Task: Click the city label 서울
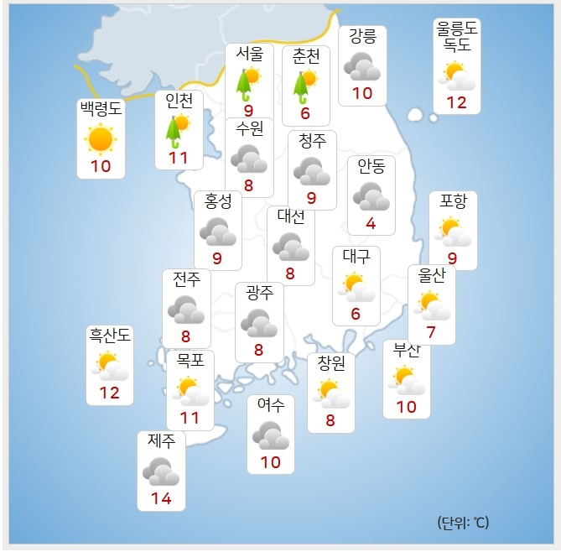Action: point(249,55)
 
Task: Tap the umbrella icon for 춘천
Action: point(304,85)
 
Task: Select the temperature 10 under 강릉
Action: point(362,93)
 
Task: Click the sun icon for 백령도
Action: point(100,138)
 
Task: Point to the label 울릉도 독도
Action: point(457,37)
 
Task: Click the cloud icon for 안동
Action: point(371,197)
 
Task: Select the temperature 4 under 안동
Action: point(371,224)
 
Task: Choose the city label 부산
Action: point(407,351)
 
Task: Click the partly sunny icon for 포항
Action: point(457,231)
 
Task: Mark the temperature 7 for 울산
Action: point(431,333)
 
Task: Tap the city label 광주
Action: point(259,293)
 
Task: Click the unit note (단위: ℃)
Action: point(462,523)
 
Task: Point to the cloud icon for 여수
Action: point(271,435)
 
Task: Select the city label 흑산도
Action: point(110,336)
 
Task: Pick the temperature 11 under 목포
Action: point(190,418)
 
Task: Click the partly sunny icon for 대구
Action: point(356,286)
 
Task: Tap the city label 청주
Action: point(312,140)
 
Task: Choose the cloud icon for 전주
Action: point(186,310)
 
